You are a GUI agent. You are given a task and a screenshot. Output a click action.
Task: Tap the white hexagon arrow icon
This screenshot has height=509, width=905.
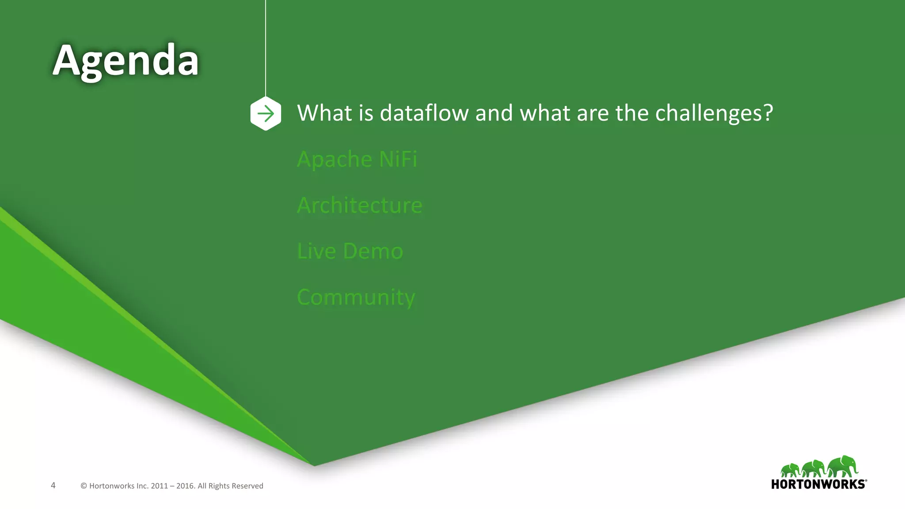click(266, 114)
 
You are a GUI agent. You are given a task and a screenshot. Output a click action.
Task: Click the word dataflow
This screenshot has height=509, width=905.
click(424, 113)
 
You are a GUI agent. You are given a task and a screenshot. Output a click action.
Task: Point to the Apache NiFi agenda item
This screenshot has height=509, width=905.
click(357, 160)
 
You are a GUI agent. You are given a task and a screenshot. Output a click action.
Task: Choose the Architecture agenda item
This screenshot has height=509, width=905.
click(360, 205)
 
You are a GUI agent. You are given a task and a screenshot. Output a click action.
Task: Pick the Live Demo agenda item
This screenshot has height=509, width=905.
click(350, 251)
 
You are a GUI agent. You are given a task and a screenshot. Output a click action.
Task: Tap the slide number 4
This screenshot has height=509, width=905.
click(53, 486)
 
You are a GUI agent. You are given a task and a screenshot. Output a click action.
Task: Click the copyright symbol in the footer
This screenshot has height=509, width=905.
click(84, 486)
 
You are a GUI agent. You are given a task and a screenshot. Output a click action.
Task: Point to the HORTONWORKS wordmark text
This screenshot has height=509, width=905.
click(818, 484)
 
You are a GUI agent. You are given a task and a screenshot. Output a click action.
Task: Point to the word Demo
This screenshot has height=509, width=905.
click(373, 251)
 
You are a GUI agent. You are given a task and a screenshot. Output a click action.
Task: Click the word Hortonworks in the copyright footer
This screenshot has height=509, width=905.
click(112, 486)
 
